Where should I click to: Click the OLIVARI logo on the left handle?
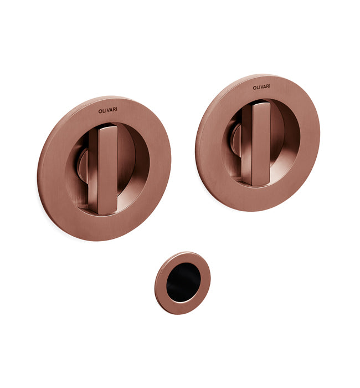click(108, 110)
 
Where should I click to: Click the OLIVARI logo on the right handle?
click(261, 87)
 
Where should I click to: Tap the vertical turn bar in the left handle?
click(104, 170)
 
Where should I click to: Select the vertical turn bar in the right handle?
click(256, 144)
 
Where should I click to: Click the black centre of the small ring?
click(183, 282)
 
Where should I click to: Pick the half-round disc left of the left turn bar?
click(83, 166)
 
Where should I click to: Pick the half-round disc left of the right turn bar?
click(236, 140)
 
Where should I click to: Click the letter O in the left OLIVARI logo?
click(100, 111)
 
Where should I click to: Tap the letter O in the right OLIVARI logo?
click(254, 88)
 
